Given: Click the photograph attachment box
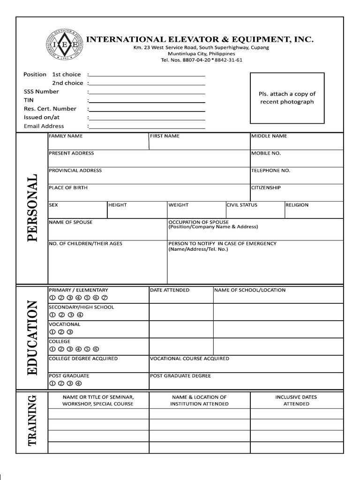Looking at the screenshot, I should pyautogui.click(x=287, y=97).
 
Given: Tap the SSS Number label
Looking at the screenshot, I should pyautogui.click(x=41, y=91).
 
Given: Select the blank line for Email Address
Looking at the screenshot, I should pyautogui.click(x=147, y=127).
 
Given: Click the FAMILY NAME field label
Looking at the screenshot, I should pyautogui.click(x=66, y=136).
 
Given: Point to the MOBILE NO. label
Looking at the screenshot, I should pyautogui.click(x=266, y=153).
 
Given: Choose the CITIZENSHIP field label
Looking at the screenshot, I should pyautogui.click(x=266, y=187).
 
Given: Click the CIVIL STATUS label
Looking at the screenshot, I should pyautogui.click(x=242, y=205).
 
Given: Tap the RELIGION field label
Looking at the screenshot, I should pyautogui.click(x=297, y=205).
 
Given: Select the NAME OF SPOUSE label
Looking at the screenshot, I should pyautogui.click(x=71, y=222).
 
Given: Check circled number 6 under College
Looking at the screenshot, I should pyautogui.click(x=96, y=349).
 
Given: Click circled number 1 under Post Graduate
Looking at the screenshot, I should pyautogui.click(x=52, y=383).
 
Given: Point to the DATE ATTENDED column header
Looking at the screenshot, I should pyautogui.click(x=170, y=290).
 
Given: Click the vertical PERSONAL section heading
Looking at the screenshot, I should pyautogui.click(x=32, y=208).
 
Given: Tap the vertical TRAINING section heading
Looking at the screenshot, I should pyautogui.click(x=32, y=420).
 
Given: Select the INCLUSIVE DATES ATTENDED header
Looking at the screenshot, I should pyautogui.click(x=296, y=400).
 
